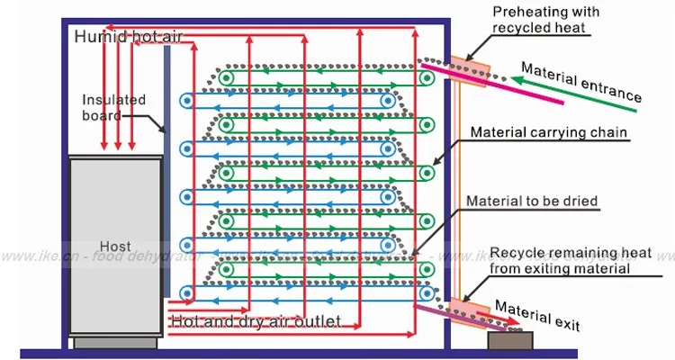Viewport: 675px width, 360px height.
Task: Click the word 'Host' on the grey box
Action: (x=115, y=246)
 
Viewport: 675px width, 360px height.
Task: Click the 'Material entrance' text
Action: (x=581, y=83)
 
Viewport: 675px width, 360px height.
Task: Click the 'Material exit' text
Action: (x=538, y=315)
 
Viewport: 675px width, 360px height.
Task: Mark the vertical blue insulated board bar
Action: (x=168, y=171)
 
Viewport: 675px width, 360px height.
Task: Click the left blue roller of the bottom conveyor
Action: (x=186, y=292)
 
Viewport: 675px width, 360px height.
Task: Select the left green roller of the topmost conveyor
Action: (x=227, y=78)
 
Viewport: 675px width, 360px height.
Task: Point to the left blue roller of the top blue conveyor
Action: (x=186, y=99)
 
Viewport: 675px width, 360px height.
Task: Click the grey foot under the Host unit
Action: (x=115, y=343)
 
